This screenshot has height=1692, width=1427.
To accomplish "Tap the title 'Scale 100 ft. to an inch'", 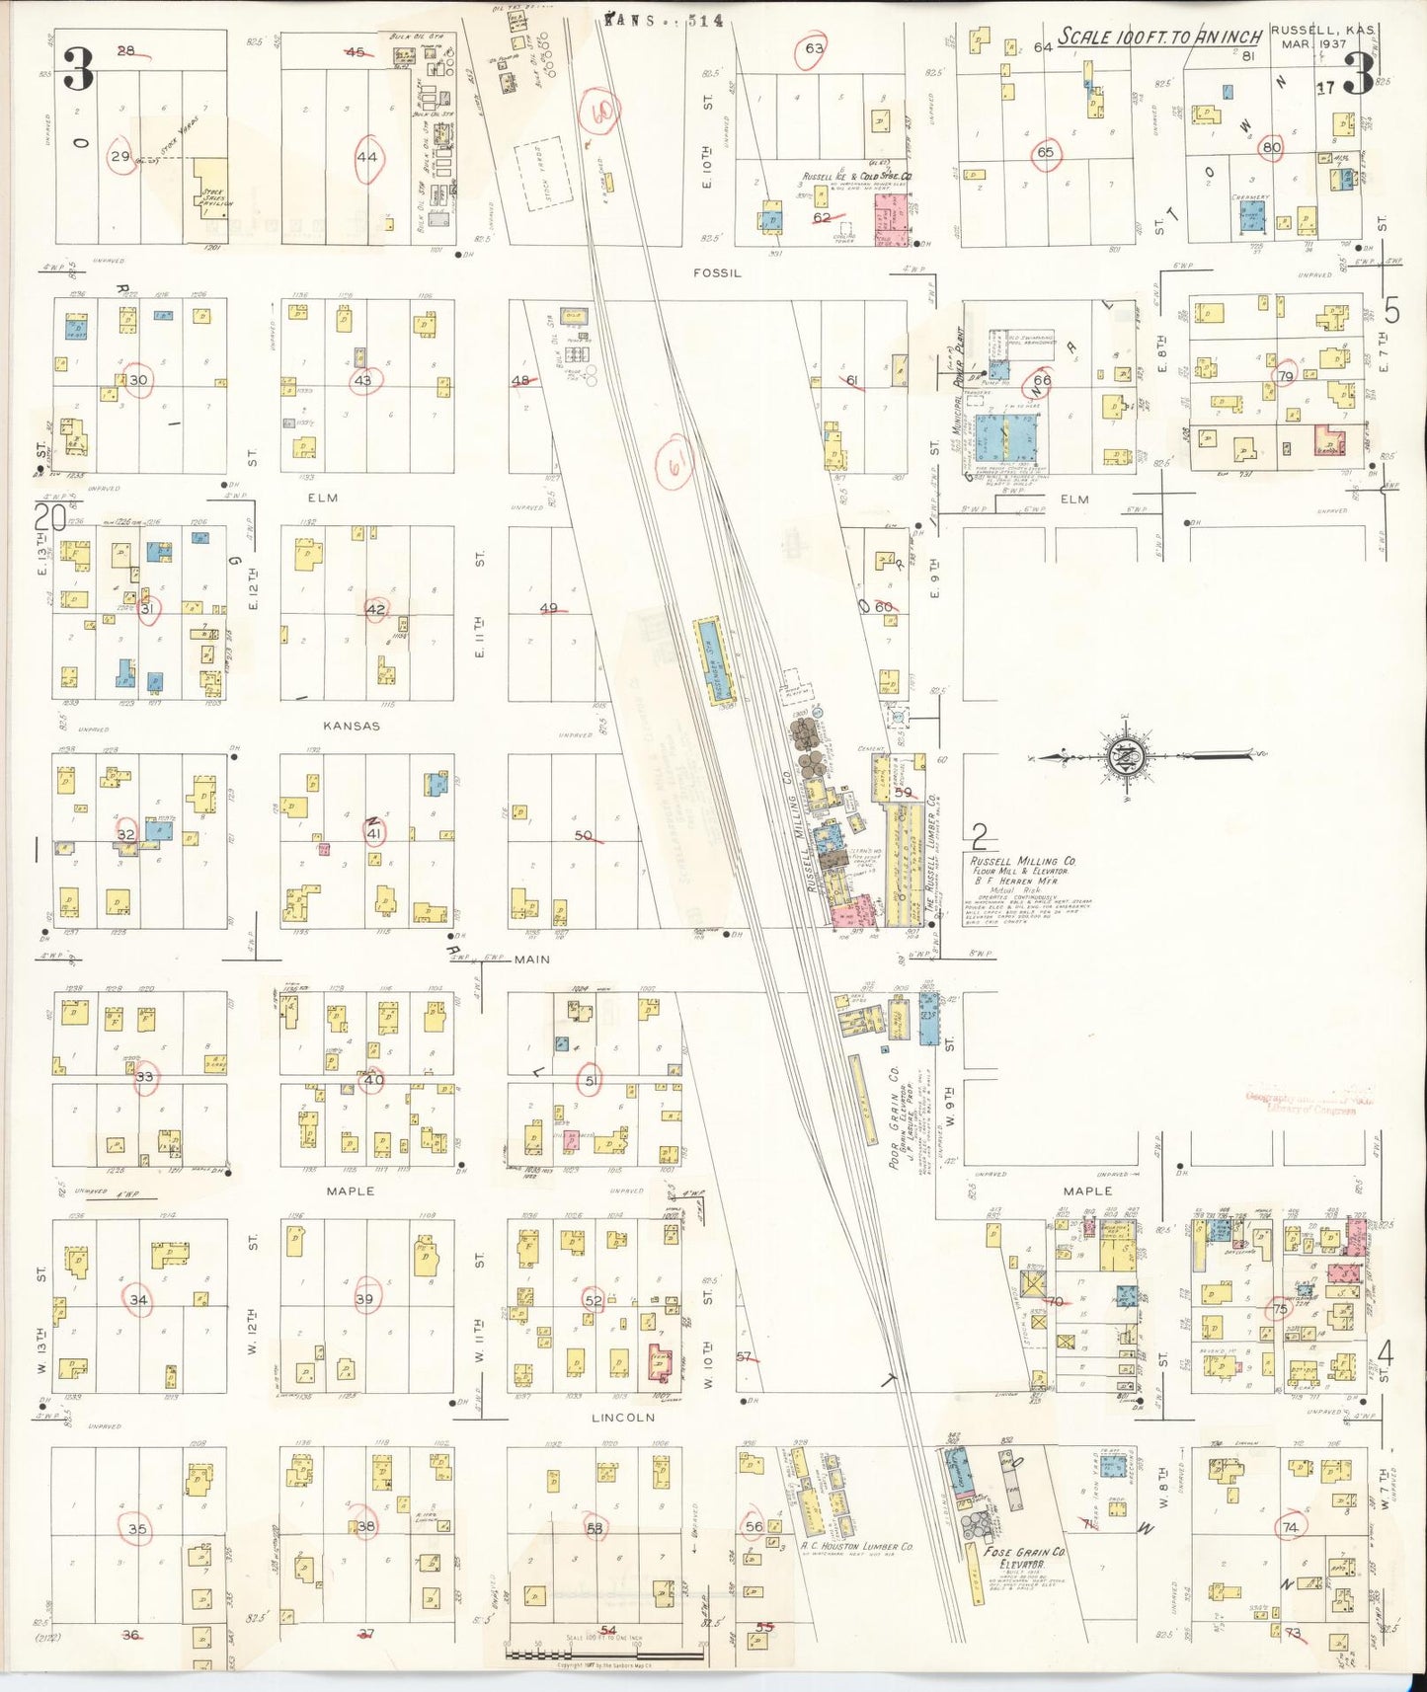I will [x=1160, y=38].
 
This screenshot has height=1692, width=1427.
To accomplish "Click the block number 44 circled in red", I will [x=367, y=156].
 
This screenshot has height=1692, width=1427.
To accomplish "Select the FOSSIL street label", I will [x=717, y=273].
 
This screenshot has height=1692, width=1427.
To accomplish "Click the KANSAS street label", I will [x=352, y=726].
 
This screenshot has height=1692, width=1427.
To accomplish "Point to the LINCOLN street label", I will [x=623, y=1418].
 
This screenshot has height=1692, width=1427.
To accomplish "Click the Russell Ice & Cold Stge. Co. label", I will [x=856, y=177].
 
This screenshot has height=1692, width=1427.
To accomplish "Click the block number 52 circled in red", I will [x=593, y=1300].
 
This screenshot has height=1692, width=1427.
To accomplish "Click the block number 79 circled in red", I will [x=1286, y=377].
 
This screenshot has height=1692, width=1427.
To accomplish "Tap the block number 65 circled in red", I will [x=1045, y=153].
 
